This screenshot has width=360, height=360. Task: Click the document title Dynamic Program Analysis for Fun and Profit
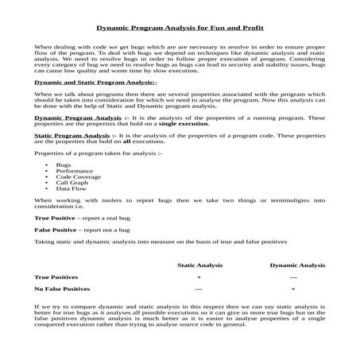click(x=180, y=26)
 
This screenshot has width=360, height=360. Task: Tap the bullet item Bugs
click(x=63, y=165)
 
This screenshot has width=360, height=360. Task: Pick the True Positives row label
click(x=57, y=277)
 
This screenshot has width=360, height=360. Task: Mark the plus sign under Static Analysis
click(x=199, y=277)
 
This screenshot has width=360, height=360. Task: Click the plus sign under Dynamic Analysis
click(x=293, y=289)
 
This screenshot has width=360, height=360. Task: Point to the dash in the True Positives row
click(x=293, y=277)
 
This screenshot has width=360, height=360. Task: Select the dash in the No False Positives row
click(x=199, y=289)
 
